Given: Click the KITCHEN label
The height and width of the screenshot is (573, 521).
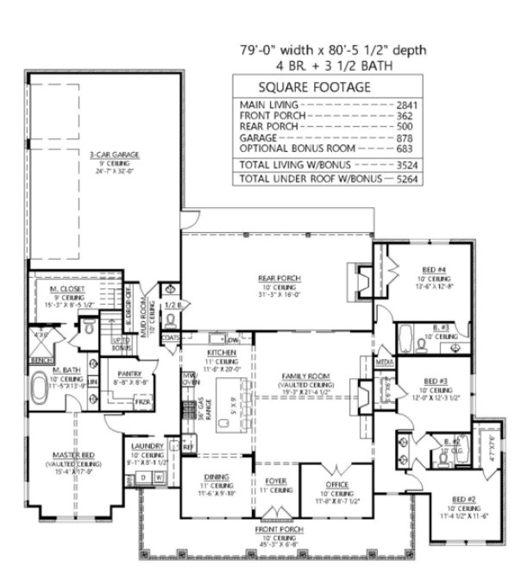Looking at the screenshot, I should (x=216, y=353).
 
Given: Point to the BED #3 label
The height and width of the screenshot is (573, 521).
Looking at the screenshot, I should (x=435, y=380).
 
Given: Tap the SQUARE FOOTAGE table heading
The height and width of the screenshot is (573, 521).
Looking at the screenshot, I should (x=308, y=87).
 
